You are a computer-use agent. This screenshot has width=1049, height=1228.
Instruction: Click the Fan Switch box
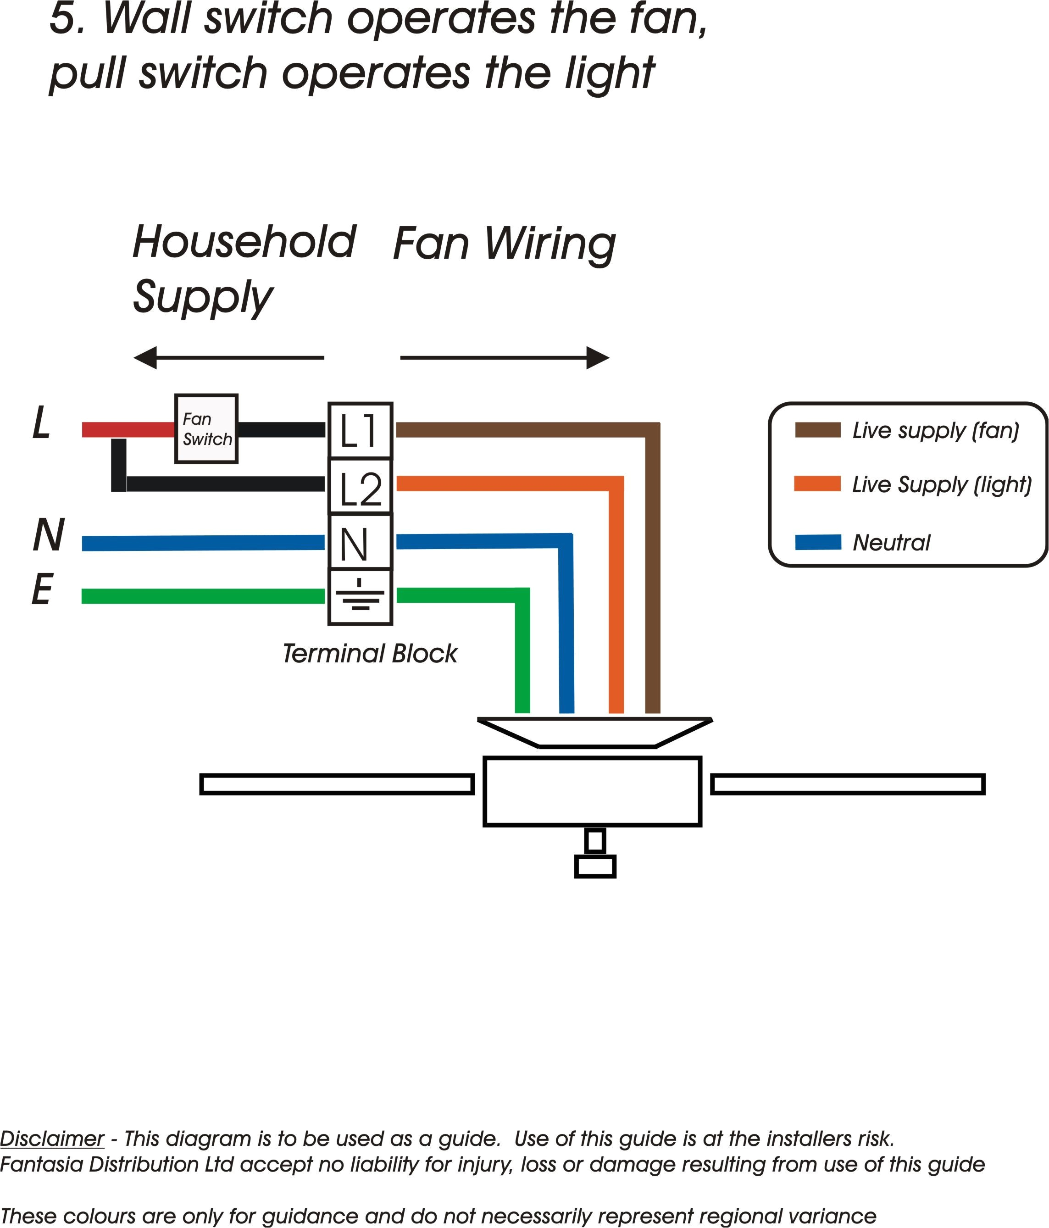coord(206,428)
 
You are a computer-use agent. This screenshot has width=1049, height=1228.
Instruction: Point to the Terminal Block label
coord(369,654)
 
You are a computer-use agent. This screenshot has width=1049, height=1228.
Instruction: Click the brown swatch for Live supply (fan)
coord(817,430)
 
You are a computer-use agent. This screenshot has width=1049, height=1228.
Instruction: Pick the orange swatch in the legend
coord(817,483)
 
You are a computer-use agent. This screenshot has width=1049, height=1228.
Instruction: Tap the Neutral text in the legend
coord(891,542)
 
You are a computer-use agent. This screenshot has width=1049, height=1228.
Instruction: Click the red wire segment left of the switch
coord(128,430)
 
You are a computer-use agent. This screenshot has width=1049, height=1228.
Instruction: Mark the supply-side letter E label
coord(42,590)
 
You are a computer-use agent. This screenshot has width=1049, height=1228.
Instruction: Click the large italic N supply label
coord(49,535)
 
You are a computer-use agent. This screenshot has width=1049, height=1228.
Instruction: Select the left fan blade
coord(337,784)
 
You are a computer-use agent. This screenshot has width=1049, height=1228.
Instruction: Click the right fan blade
coord(848,784)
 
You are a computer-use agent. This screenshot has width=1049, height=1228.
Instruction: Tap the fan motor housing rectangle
coord(592,791)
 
